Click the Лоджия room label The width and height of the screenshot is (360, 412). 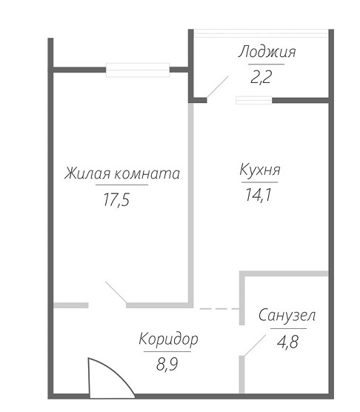point(267,52)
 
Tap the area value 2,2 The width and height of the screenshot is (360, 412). point(261,77)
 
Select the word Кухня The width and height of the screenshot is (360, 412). point(260,170)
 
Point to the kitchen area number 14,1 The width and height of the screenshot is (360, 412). point(258,195)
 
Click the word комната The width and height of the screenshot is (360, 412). point(147,174)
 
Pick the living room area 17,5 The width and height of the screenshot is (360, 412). point(116,200)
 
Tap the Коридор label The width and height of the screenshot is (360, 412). point(168,339)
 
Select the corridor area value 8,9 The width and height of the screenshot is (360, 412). point(167,364)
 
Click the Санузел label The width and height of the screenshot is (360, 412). point(287,315)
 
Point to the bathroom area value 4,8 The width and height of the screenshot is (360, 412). point(287,342)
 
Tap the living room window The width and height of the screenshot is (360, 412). point(138,70)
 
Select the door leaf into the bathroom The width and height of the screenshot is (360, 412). point(255,345)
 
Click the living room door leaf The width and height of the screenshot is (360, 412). point(116,292)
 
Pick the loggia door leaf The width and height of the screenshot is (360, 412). point(218,87)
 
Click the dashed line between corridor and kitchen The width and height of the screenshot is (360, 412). point(219,309)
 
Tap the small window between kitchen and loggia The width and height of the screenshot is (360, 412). point(254,100)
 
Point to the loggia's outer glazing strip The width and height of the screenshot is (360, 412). point(261,33)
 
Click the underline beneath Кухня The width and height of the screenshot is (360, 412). point(260,182)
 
